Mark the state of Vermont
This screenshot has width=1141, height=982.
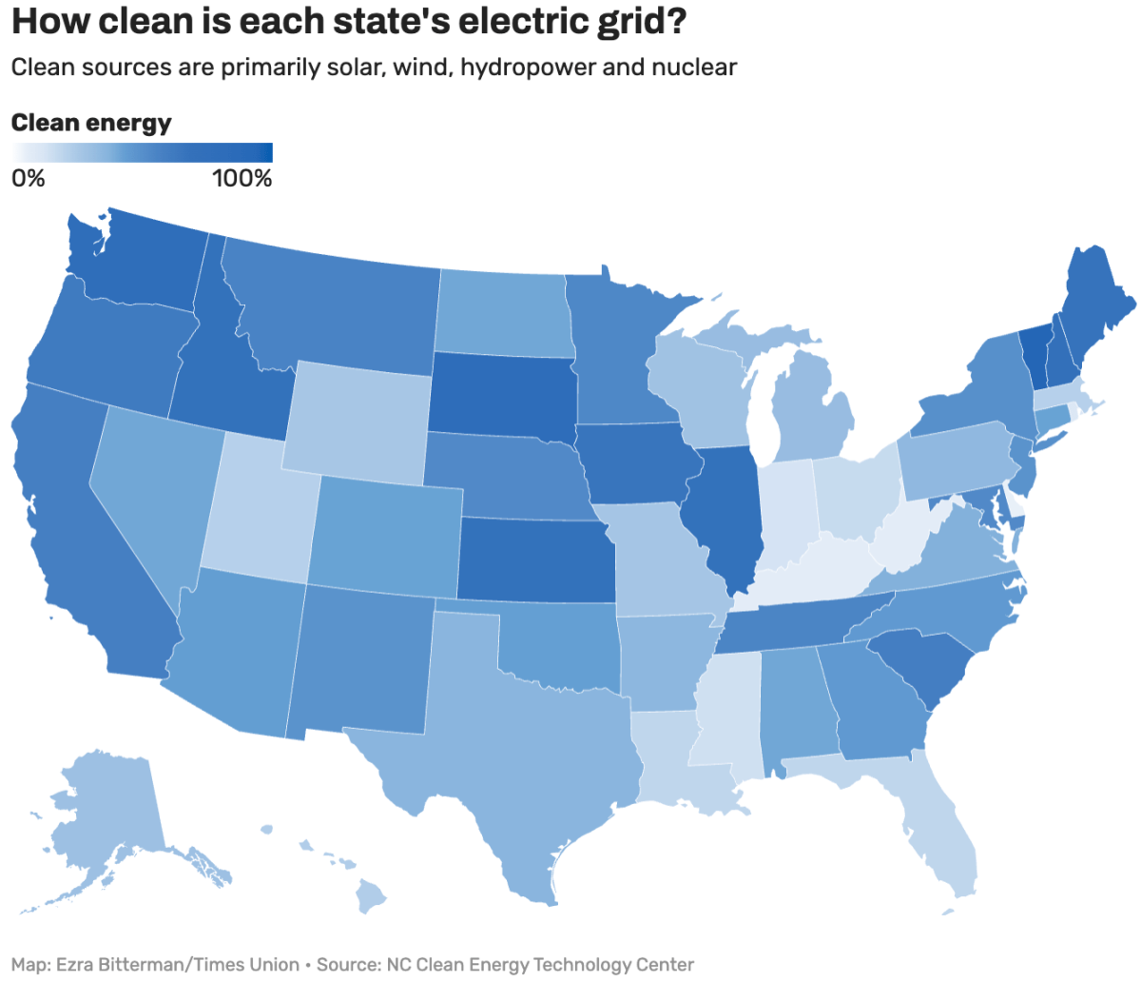tap(1034, 352)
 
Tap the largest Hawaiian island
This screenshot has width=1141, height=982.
tap(371, 894)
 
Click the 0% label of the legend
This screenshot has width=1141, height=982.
tap(28, 178)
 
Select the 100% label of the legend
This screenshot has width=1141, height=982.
tap(242, 178)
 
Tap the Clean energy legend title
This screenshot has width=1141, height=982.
tap(91, 123)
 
